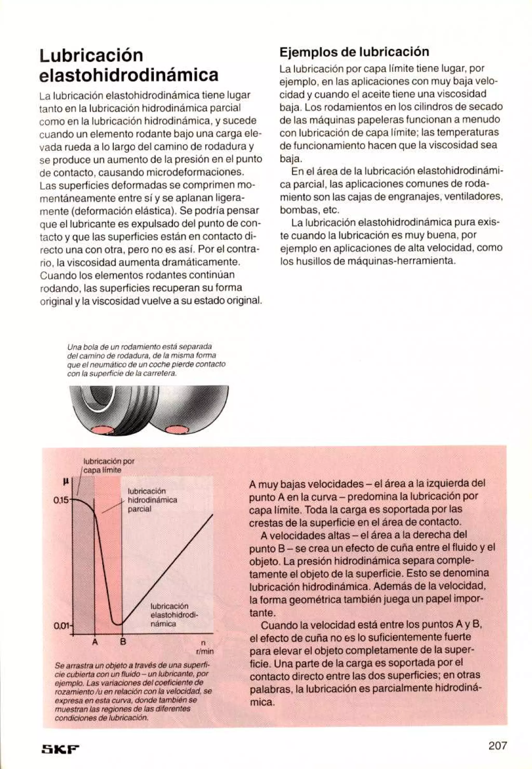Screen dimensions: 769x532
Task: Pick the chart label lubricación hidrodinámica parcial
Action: pos(152,500)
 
